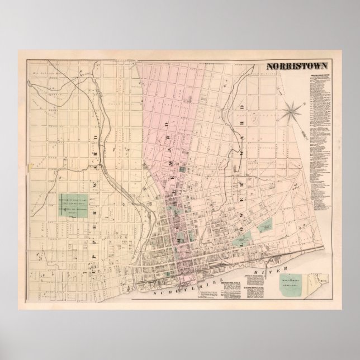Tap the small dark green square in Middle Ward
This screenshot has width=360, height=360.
196,169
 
